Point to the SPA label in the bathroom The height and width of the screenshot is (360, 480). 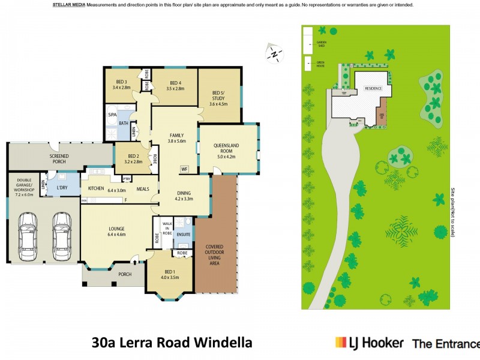pos(112,115)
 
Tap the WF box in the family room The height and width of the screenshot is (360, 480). pos(185,169)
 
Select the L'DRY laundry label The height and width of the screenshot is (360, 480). pos(62,188)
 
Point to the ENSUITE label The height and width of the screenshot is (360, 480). pos(183,234)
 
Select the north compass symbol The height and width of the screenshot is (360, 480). pos(274,53)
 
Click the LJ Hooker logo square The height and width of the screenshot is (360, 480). pos(341,343)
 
